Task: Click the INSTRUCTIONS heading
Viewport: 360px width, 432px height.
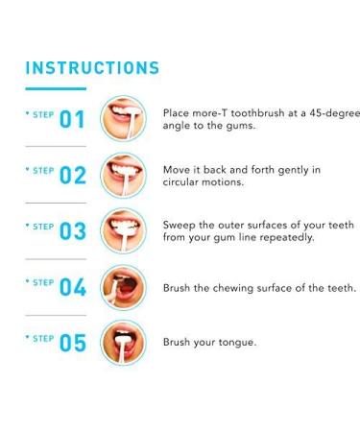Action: click(92, 68)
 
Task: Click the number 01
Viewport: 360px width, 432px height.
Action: click(73, 120)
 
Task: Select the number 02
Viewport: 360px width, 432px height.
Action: click(73, 176)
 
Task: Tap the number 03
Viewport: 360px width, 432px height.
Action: click(73, 231)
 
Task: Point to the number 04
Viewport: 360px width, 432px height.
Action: click(73, 287)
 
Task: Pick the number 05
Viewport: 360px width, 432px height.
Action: click(73, 343)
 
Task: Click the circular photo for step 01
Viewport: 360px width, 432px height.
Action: click(123, 118)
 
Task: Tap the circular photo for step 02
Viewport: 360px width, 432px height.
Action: click(123, 174)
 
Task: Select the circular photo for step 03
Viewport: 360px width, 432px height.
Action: click(123, 229)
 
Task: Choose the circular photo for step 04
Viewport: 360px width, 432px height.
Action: click(123, 285)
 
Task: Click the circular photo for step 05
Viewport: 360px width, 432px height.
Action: click(123, 341)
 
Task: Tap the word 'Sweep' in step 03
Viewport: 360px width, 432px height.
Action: click(181, 225)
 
